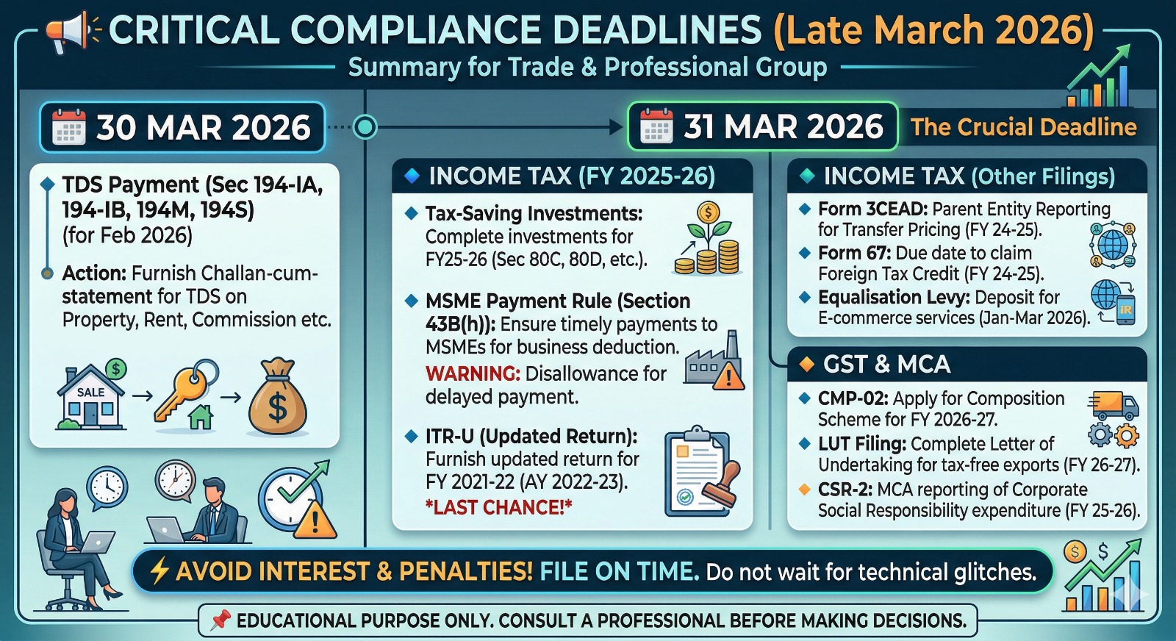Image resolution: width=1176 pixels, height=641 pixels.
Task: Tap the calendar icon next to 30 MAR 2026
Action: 69,127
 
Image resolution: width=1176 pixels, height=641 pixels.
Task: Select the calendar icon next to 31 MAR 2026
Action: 656,126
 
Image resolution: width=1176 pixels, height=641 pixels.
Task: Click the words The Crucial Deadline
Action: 1023,127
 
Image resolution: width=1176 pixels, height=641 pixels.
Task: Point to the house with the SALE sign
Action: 91,397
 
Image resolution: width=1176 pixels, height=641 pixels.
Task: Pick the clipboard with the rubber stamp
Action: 700,473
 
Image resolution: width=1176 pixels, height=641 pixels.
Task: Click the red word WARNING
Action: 472,373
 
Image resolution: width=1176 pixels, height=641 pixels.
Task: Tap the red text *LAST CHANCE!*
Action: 498,507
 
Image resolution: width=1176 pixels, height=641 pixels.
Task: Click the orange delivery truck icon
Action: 1114,404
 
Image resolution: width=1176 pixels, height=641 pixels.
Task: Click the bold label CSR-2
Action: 845,490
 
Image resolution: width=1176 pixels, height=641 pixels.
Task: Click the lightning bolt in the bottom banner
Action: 159,571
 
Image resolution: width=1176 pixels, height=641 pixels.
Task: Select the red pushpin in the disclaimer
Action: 220,620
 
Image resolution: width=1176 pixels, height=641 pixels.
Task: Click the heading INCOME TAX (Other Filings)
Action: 969,176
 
